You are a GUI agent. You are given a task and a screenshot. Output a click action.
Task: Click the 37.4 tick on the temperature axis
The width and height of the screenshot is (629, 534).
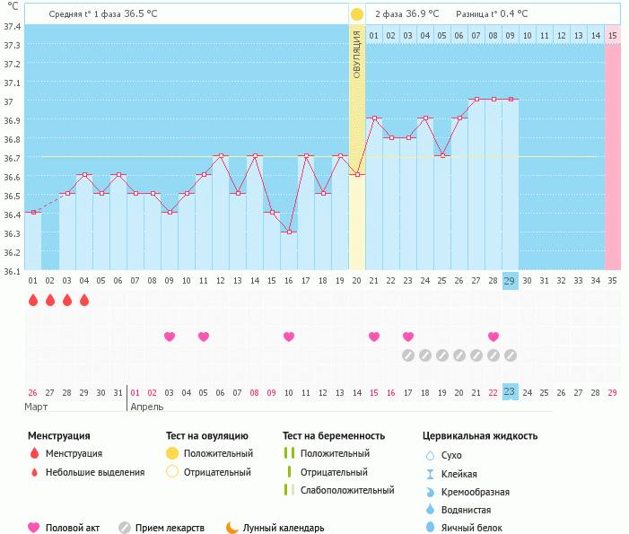point(13,26)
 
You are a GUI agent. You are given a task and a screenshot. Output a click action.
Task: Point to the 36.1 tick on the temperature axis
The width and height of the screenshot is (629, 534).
point(13,270)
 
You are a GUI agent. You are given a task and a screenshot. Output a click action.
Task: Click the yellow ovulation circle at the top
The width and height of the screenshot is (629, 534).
point(357,14)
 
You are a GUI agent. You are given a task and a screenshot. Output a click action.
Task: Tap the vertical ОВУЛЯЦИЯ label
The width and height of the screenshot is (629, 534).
point(357,55)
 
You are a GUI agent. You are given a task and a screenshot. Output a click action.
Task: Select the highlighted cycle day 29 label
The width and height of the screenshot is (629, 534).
point(510,281)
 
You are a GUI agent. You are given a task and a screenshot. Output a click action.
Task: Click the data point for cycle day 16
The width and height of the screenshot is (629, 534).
point(289,232)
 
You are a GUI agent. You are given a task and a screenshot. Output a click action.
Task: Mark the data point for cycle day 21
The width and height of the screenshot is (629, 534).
point(374,118)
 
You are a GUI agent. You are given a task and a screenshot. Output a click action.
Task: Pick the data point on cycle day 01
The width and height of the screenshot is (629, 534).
point(33,212)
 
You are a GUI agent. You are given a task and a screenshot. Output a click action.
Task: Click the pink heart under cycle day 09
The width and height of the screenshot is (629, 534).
point(170,337)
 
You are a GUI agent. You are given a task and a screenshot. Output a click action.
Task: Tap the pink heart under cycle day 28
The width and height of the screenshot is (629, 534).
point(494,337)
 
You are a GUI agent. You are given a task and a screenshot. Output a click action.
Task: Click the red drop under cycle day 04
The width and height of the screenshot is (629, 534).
point(84,301)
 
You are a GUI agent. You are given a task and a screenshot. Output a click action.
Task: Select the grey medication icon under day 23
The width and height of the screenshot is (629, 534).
point(408,355)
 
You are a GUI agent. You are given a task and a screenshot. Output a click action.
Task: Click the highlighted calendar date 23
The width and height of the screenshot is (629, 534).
point(510,392)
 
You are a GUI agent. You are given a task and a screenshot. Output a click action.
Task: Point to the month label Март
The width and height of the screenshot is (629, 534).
point(36,407)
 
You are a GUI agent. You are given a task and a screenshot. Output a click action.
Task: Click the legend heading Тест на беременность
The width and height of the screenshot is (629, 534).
point(333,436)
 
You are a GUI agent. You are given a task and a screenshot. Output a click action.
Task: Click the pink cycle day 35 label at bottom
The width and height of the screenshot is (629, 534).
point(612,281)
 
